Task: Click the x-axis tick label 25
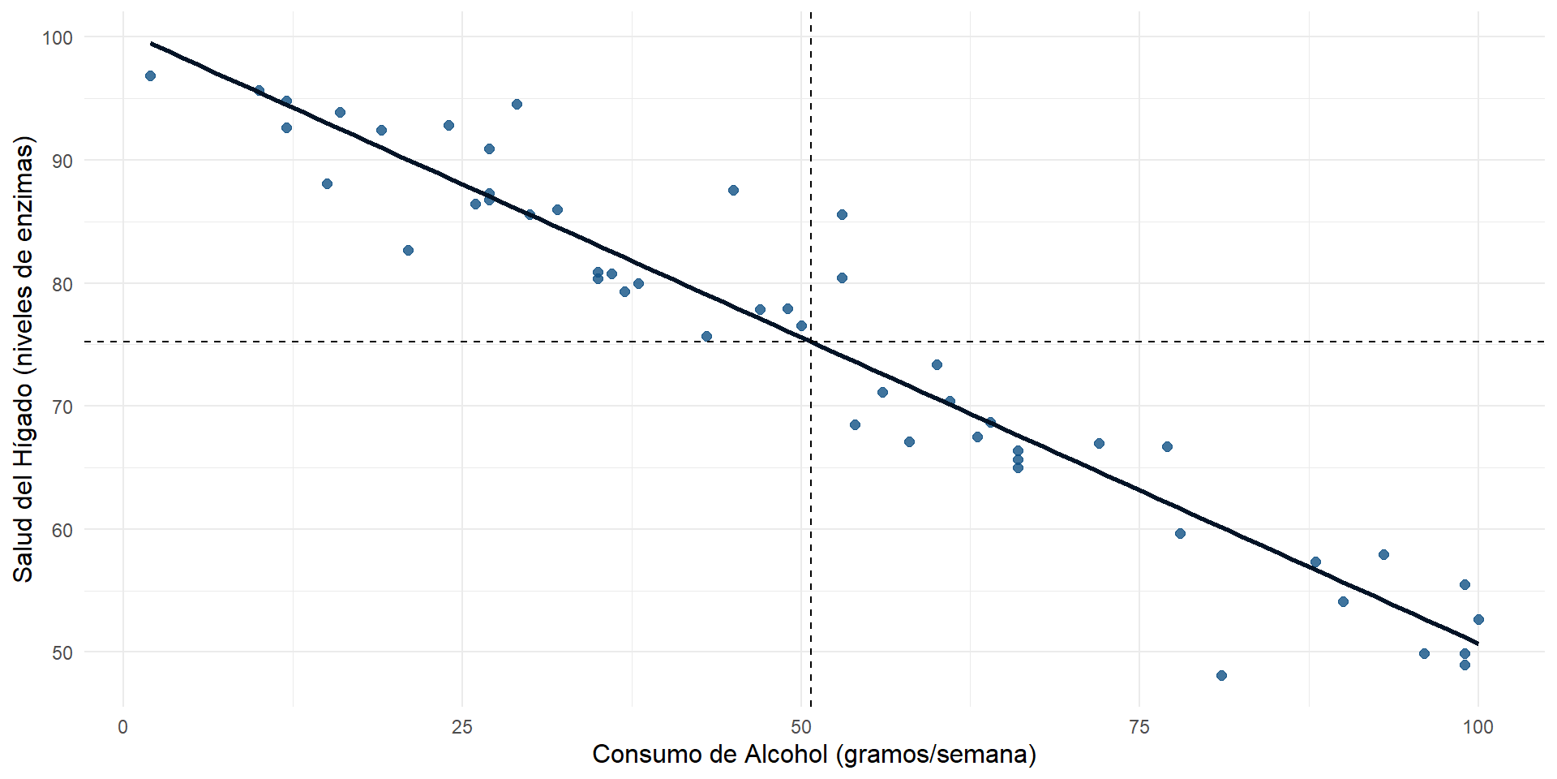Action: coord(461,727)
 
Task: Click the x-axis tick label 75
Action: coord(1139,727)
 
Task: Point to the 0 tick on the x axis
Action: coord(123,727)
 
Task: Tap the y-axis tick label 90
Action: coord(62,161)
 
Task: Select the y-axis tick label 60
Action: coord(62,531)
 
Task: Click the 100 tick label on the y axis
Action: coord(57,38)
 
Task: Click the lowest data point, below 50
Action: coord(1221,675)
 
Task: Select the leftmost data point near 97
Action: coord(150,75)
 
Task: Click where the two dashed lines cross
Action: coord(811,342)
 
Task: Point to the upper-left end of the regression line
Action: coord(152,43)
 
